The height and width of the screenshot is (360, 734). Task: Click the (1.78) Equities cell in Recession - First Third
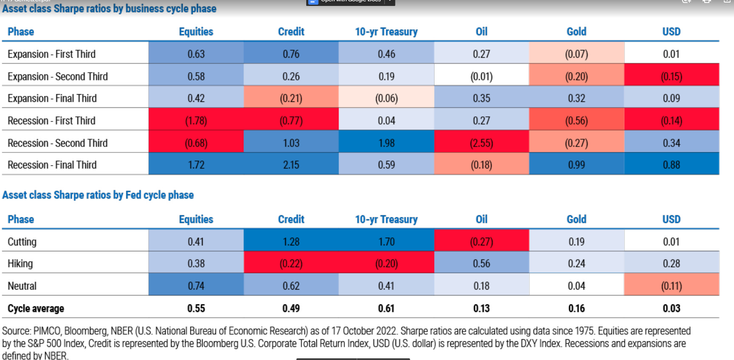pyautogui.click(x=196, y=121)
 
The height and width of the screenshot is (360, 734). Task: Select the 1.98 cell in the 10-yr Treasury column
pyautogui.click(x=386, y=143)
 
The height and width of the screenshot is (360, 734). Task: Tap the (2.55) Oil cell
pyautogui.click(x=481, y=143)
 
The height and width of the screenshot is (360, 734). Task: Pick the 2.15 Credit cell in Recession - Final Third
pyautogui.click(x=291, y=165)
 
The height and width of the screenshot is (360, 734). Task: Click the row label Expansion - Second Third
pyautogui.click(x=58, y=76)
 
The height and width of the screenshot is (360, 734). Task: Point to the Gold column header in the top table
pyautogui.click(x=576, y=31)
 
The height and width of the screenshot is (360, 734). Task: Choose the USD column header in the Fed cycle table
pyautogui.click(x=671, y=219)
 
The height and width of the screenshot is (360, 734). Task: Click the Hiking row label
pyautogui.click(x=20, y=264)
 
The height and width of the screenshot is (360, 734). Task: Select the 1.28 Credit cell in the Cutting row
pyautogui.click(x=291, y=242)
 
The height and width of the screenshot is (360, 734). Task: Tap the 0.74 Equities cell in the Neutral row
pyautogui.click(x=196, y=286)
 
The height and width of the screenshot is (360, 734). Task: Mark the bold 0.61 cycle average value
pyautogui.click(x=386, y=308)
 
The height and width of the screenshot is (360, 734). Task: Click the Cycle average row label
pyautogui.click(x=36, y=308)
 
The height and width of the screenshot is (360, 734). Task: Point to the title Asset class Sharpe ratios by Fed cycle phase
pyautogui.click(x=98, y=195)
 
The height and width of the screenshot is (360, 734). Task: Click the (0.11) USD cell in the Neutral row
pyautogui.click(x=671, y=286)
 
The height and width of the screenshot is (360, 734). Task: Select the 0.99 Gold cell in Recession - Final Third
pyautogui.click(x=576, y=165)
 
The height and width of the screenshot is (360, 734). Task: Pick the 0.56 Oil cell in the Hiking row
pyautogui.click(x=481, y=264)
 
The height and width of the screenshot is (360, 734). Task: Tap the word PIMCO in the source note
pyautogui.click(x=47, y=331)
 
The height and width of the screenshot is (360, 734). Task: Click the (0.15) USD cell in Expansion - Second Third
pyautogui.click(x=671, y=76)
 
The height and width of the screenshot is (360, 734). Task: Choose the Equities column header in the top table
pyautogui.click(x=196, y=31)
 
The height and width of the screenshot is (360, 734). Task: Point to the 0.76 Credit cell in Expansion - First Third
pyautogui.click(x=291, y=54)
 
